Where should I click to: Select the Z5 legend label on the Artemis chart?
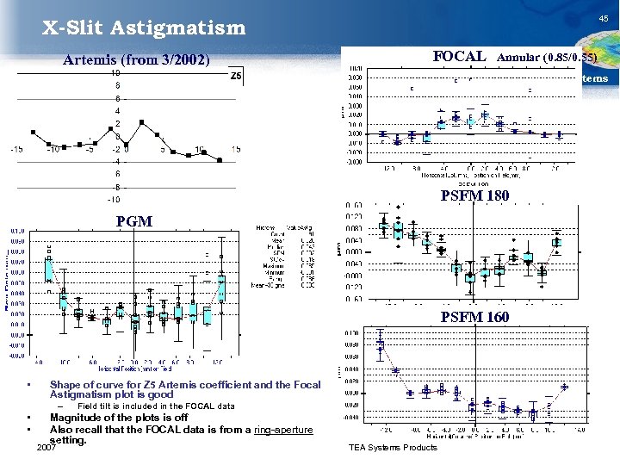[x=237, y=77]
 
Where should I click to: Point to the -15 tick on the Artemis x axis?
[x=16, y=150]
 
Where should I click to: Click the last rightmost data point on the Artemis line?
[x=220, y=160]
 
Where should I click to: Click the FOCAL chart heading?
[x=459, y=56]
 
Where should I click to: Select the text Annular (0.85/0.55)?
[x=556, y=58]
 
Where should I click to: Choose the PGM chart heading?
[x=133, y=221]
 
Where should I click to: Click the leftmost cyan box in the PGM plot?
[x=50, y=270]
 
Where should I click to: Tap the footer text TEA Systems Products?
[x=393, y=448]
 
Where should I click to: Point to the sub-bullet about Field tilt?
[x=156, y=406]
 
